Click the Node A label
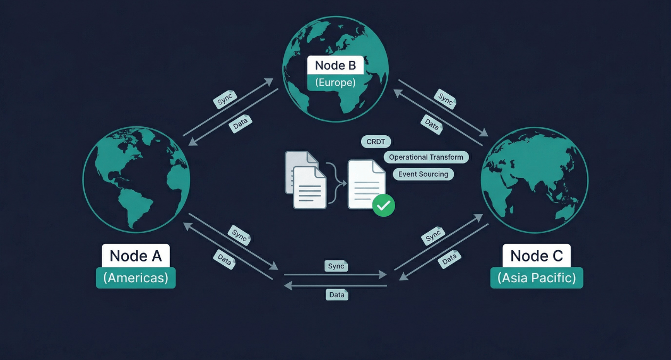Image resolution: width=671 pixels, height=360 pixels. (135, 256)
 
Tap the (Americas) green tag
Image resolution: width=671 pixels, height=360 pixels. (135, 278)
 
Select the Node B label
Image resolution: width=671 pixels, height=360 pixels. (335, 66)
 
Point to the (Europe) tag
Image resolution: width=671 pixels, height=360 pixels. (335, 83)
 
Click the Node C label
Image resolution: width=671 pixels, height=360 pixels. (536, 256)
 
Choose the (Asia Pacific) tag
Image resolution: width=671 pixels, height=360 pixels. (536, 278)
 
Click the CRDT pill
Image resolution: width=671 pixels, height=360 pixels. (376, 142)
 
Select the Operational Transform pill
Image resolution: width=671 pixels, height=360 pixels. (427, 157)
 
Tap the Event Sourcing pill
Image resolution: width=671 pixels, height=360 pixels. (423, 174)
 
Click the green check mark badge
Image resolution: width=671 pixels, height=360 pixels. (383, 205)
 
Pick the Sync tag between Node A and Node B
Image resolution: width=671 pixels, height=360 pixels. (225, 100)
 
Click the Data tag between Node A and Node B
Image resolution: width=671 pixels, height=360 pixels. (240, 124)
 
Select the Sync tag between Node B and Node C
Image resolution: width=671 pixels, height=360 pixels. (445, 100)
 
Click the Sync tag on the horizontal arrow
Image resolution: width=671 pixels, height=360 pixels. (336, 266)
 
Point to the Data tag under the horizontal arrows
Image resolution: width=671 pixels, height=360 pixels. (337, 294)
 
